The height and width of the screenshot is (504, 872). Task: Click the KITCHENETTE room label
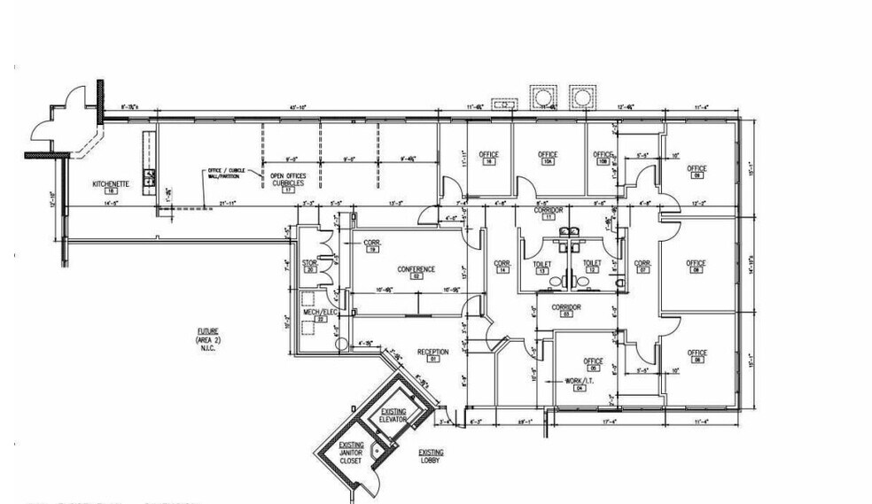(x=112, y=184)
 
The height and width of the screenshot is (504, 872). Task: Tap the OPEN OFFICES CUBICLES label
(x=287, y=180)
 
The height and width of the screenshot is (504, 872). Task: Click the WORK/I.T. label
(x=580, y=381)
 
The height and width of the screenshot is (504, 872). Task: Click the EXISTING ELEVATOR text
(x=393, y=415)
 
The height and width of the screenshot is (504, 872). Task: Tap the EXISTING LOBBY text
(x=431, y=456)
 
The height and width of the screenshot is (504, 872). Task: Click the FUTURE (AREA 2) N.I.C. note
(x=207, y=339)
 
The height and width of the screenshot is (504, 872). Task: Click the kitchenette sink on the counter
(x=150, y=175)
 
